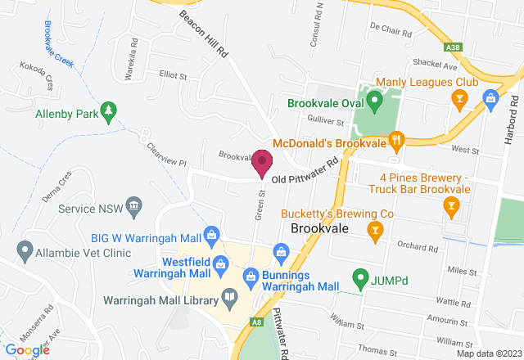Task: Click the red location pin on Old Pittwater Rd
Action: [x=262, y=162]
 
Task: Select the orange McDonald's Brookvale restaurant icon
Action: [x=396, y=141]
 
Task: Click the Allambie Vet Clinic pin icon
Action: [x=25, y=248]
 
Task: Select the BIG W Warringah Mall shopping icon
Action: [x=212, y=236]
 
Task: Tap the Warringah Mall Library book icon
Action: [x=230, y=297]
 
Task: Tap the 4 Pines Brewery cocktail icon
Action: [x=449, y=208]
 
